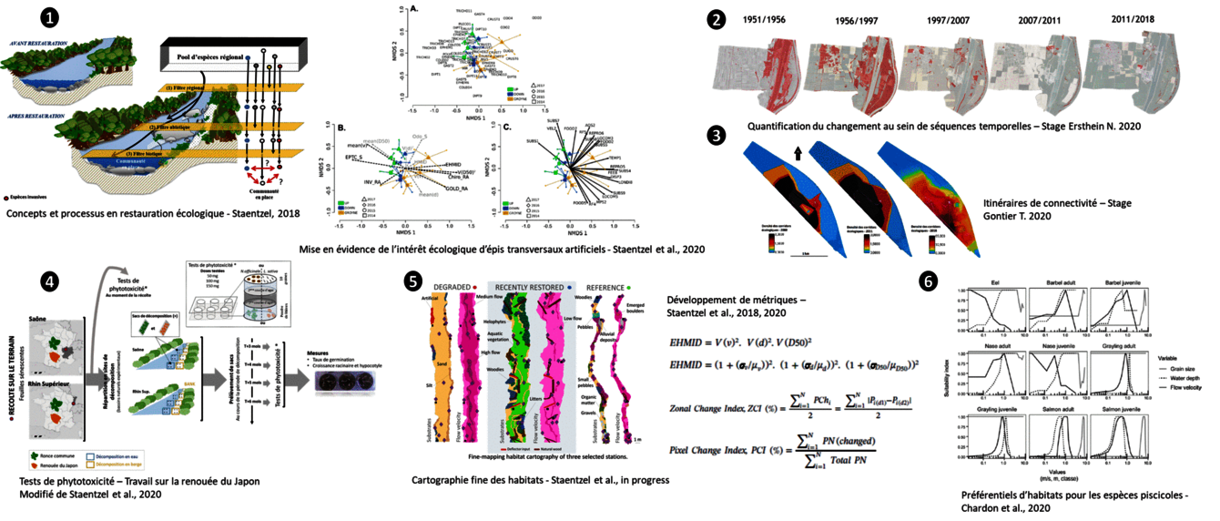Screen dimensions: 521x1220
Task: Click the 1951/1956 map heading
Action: click(767, 19)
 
